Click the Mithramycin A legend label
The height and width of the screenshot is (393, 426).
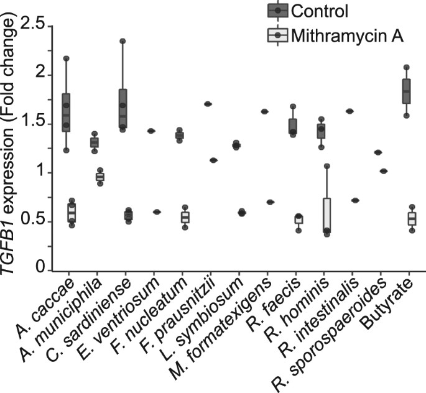click(x=351, y=37)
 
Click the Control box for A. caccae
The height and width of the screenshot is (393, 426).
click(x=66, y=112)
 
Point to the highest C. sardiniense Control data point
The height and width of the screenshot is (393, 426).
click(x=123, y=41)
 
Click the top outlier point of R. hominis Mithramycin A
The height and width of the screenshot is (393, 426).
click(x=326, y=166)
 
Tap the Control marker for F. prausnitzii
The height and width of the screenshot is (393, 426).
click(x=208, y=104)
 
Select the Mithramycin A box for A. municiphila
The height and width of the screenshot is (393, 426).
click(x=100, y=177)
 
